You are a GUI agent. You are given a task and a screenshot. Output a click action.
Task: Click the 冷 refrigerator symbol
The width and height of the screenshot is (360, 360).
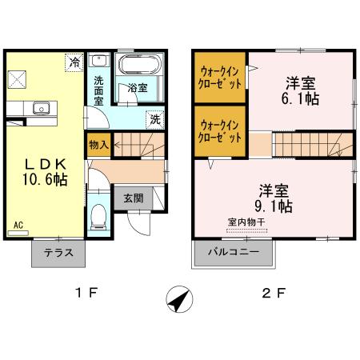(74, 61)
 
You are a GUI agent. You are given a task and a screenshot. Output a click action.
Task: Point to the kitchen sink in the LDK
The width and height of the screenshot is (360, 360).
(41, 108)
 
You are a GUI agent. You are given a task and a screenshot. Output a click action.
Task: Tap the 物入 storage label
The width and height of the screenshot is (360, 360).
(98, 146)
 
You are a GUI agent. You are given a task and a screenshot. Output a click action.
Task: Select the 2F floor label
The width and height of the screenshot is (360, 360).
(274, 293)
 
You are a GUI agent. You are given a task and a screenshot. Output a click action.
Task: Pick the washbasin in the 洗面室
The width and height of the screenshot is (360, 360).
(99, 61)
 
